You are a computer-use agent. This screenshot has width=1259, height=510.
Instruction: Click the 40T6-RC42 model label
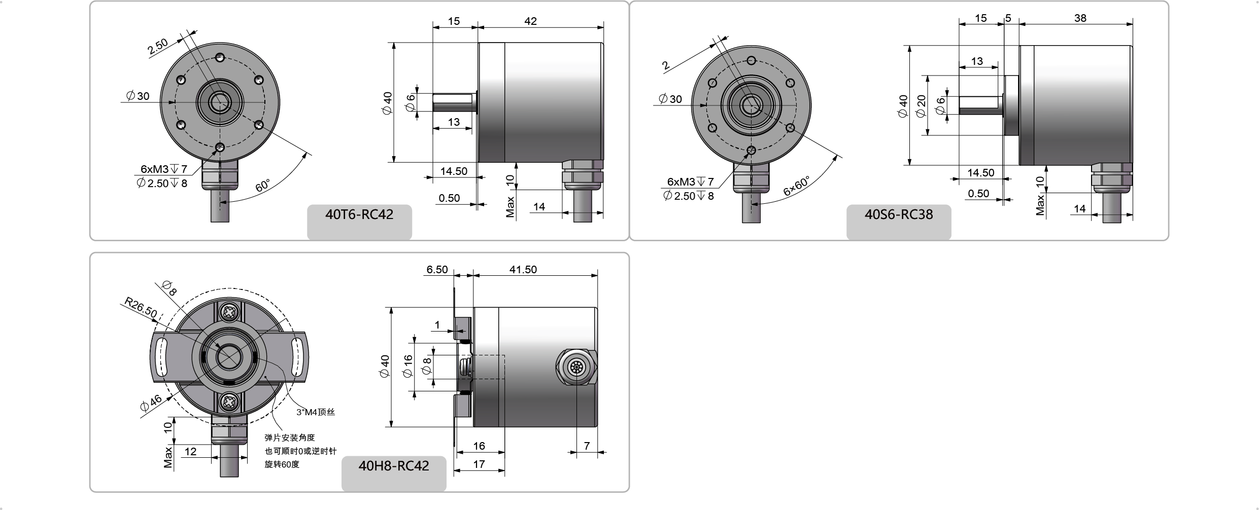coord(359,214)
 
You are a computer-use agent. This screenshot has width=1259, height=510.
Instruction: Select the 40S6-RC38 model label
coord(899,214)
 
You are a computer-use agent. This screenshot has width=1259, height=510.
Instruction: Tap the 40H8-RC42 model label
coord(394,465)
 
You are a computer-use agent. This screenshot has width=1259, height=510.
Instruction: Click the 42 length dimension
coord(530,21)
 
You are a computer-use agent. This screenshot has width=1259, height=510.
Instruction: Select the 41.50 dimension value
coord(523,269)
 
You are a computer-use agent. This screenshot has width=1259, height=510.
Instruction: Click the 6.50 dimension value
coord(437,269)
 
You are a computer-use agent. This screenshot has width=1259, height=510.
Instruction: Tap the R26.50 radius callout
coord(141,308)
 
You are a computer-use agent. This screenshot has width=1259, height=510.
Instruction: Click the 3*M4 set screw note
coord(316,412)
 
